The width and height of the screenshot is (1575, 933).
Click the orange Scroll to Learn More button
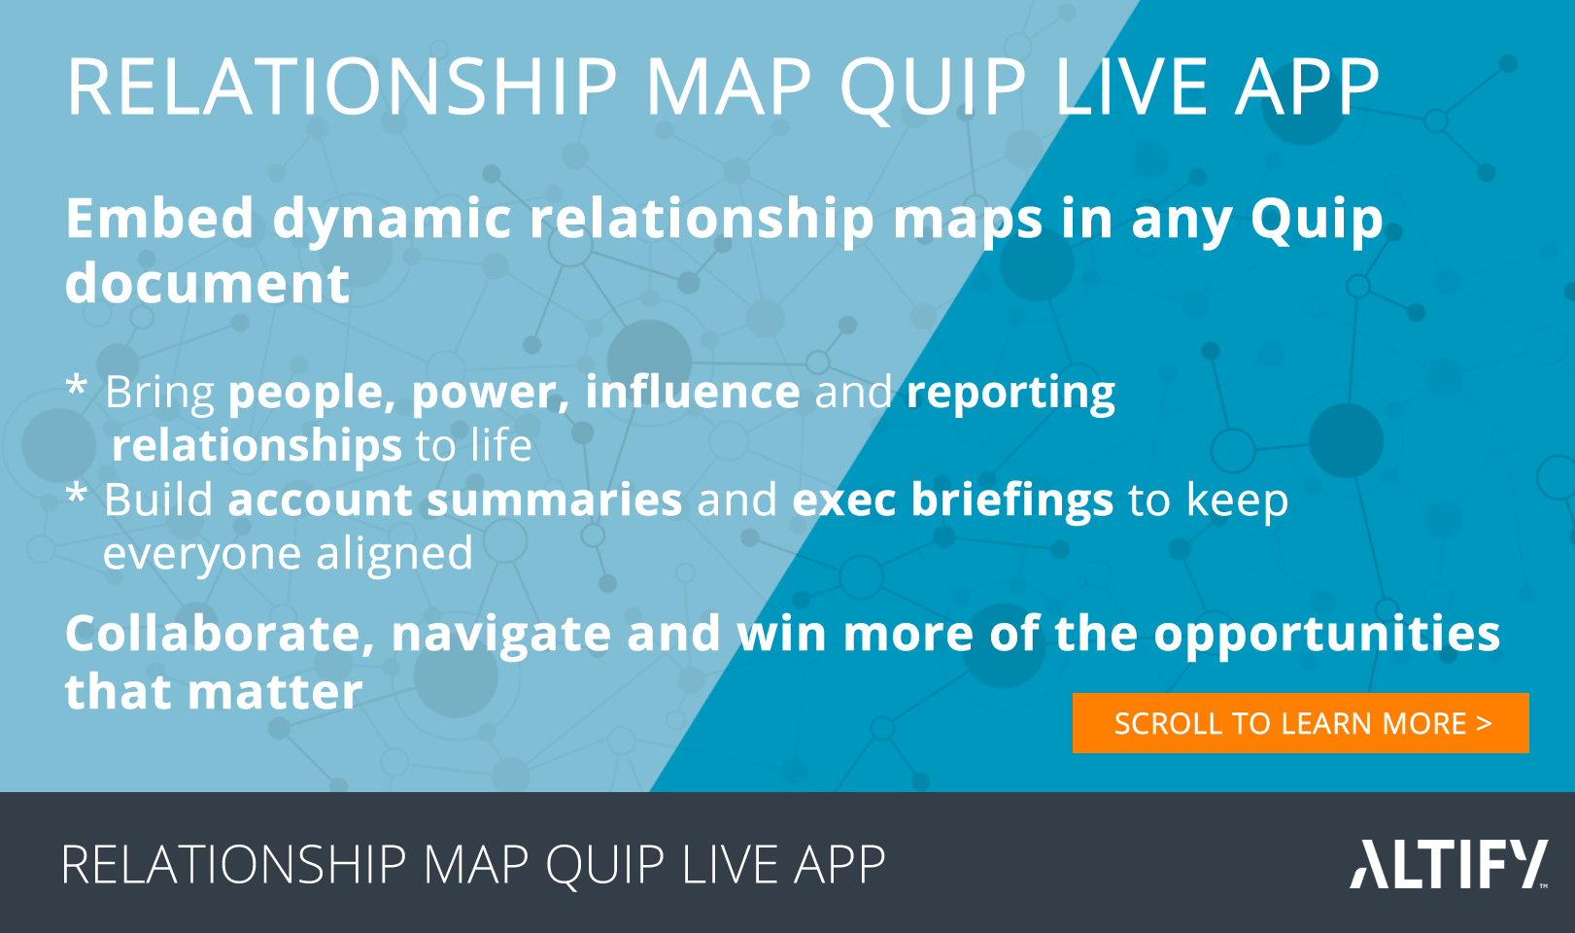(1300, 723)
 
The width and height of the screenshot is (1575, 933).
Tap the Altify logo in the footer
(1449, 864)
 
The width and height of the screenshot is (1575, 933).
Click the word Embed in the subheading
(159, 219)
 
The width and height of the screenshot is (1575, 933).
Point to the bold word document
(207, 283)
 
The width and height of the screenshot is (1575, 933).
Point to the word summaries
(554, 500)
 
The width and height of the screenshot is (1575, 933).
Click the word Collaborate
(221, 635)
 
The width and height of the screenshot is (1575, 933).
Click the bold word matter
(275, 693)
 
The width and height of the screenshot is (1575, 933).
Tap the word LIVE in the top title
(1131, 86)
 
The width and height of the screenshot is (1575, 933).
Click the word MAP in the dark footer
(475, 864)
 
